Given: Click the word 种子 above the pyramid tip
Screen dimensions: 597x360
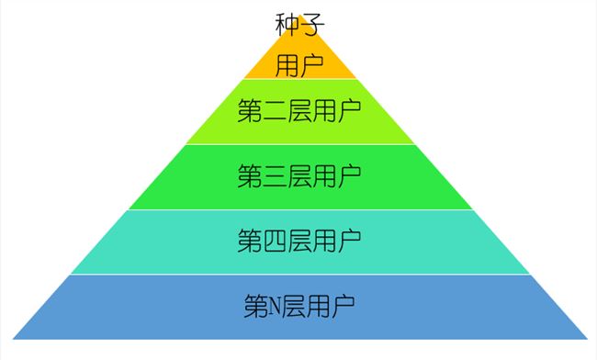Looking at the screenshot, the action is (x=299, y=25).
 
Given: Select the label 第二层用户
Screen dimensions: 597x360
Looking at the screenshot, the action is (x=299, y=110).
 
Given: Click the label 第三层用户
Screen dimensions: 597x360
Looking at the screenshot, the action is (x=299, y=175).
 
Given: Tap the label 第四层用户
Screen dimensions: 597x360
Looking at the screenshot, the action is (x=299, y=241).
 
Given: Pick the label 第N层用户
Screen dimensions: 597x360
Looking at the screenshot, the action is (x=299, y=306).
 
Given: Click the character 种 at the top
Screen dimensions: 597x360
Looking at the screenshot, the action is (x=287, y=25).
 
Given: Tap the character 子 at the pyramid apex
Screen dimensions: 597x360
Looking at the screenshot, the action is (x=312, y=25).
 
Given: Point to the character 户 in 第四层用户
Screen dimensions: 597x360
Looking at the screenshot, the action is (x=349, y=241).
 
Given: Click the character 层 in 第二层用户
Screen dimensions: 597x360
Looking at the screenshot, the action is (x=299, y=110).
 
